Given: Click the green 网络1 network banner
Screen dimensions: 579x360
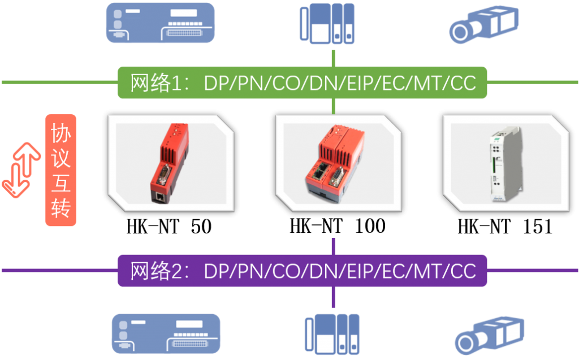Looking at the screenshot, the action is (x=302, y=83).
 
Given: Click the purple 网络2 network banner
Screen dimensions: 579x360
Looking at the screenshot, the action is (x=302, y=271).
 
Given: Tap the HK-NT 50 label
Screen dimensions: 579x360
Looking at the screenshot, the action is (x=169, y=226).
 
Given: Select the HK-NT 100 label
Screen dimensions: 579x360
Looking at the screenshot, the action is (x=338, y=226).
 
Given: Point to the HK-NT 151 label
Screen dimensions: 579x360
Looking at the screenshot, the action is (x=505, y=226).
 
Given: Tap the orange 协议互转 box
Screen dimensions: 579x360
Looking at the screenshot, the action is (x=61, y=170).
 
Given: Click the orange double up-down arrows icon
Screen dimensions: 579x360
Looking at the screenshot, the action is (x=21, y=170).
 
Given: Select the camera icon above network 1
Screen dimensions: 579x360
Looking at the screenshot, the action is (x=484, y=24).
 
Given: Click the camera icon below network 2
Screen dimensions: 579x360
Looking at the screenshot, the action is (x=489, y=335).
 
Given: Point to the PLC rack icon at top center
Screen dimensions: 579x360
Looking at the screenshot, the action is (x=327, y=24).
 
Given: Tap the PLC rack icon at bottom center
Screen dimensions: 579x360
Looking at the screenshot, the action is (x=332, y=335).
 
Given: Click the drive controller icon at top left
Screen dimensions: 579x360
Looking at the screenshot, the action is (x=160, y=23).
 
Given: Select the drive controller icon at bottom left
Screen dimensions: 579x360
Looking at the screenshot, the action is (x=166, y=334).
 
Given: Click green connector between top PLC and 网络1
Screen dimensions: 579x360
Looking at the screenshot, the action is (x=334, y=58).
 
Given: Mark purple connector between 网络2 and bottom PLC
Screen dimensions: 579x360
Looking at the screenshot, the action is (x=334, y=297).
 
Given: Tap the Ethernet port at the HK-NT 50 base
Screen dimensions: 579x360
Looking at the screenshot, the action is (x=160, y=197).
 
